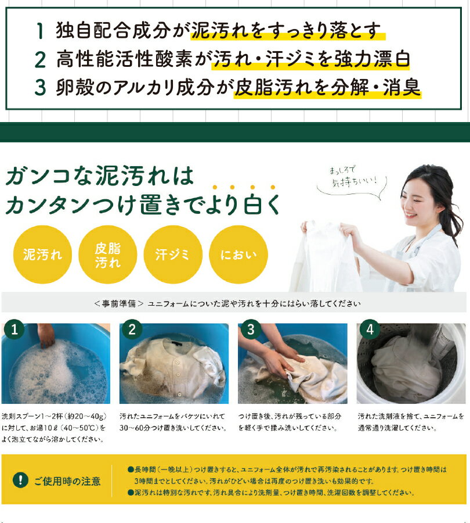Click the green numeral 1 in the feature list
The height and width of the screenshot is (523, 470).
pyautogui.click(x=40, y=31)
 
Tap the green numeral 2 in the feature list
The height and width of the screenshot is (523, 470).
pyautogui.click(x=40, y=60)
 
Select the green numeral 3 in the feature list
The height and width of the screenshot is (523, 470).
pyautogui.click(x=40, y=87)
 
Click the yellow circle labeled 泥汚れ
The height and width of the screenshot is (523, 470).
pyautogui.click(x=42, y=255)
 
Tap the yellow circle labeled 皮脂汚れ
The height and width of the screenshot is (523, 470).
pyautogui.click(x=107, y=255)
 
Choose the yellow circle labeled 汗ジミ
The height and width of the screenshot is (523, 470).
pyautogui.click(x=173, y=255)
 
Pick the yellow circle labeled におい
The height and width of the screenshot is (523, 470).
pyautogui.click(x=238, y=255)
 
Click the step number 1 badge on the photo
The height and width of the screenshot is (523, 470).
pyautogui.click(x=14, y=329)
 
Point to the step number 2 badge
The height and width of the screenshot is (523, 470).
pyautogui.click(x=132, y=329)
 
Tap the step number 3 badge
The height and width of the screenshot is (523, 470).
pyautogui.click(x=251, y=329)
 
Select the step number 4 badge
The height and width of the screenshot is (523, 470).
pyautogui.click(x=370, y=329)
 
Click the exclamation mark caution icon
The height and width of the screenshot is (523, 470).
pyautogui.click(x=20, y=481)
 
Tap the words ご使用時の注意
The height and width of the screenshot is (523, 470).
pyautogui.click(x=67, y=481)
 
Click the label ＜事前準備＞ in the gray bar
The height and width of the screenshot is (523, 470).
pyautogui.click(x=119, y=303)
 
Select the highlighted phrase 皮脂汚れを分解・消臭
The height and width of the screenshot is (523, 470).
pyautogui.click(x=327, y=88)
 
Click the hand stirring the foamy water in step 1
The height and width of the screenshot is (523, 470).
pyautogui.click(x=46, y=335)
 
